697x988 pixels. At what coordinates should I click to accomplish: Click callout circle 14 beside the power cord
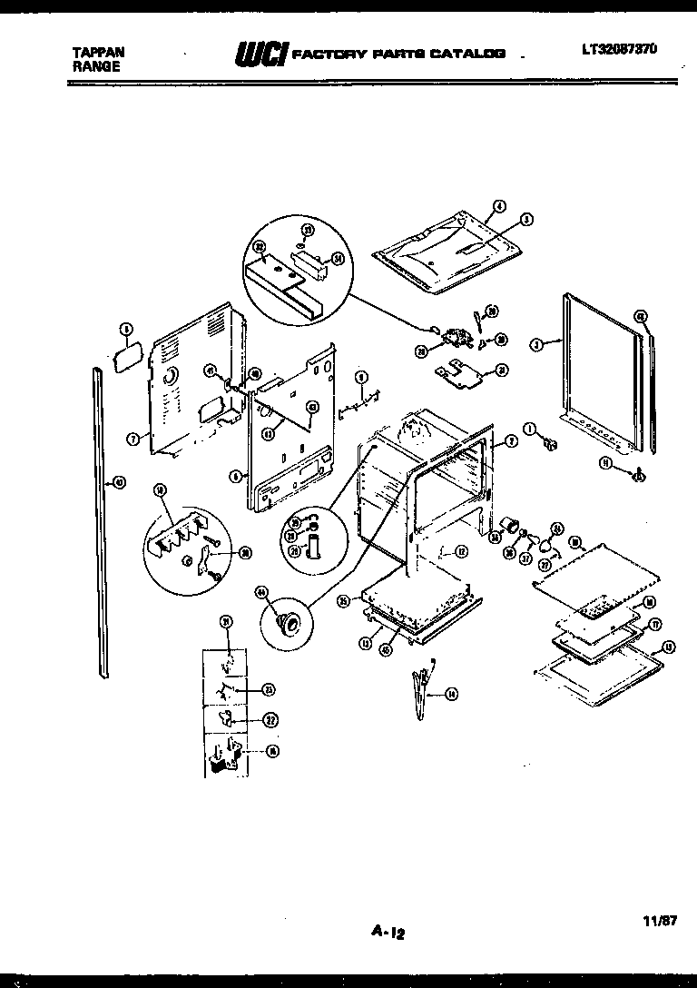click(x=452, y=695)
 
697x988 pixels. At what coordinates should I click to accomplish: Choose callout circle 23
click(x=269, y=689)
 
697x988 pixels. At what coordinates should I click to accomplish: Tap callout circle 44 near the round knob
click(x=263, y=593)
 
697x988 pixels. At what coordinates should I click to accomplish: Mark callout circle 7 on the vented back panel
click(x=133, y=438)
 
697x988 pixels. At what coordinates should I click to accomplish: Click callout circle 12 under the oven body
click(x=461, y=550)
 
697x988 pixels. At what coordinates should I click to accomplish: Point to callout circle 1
click(x=529, y=430)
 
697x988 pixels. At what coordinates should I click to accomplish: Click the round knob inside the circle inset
click(x=290, y=623)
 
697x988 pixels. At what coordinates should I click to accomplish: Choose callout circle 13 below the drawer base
click(x=365, y=642)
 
